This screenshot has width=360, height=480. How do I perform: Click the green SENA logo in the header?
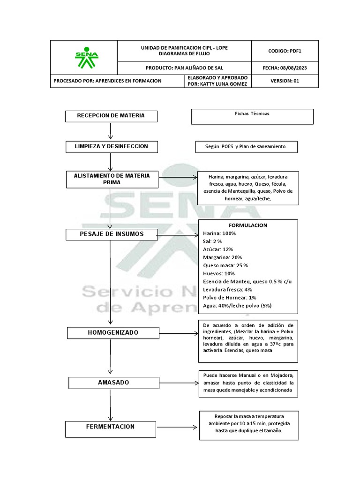pyautogui.click(x=86, y=57)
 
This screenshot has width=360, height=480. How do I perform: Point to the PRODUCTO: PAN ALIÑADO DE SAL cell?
pyautogui.click(x=184, y=67)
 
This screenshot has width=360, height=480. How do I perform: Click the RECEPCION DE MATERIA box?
pyautogui.click(x=111, y=116)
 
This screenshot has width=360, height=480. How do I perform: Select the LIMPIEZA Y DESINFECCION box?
pyautogui.click(x=111, y=147)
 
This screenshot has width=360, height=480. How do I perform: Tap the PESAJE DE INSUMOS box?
pyautogui.click(x=111, y=234)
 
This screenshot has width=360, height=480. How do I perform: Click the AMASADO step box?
pyautogui.click(x=113, y=382)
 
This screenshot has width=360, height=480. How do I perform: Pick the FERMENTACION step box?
pyautogui.click(x=110, y=427)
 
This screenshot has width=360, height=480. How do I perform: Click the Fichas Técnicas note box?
pyautogui.click(x=252, y=116)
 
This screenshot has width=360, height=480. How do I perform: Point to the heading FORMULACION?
pyautogui.click(x=248, y=225)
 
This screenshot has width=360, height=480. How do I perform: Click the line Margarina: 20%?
pyautogui.click(x=223, y=257)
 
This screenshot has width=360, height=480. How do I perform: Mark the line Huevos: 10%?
pyautogui.click(x=219, y=274)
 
